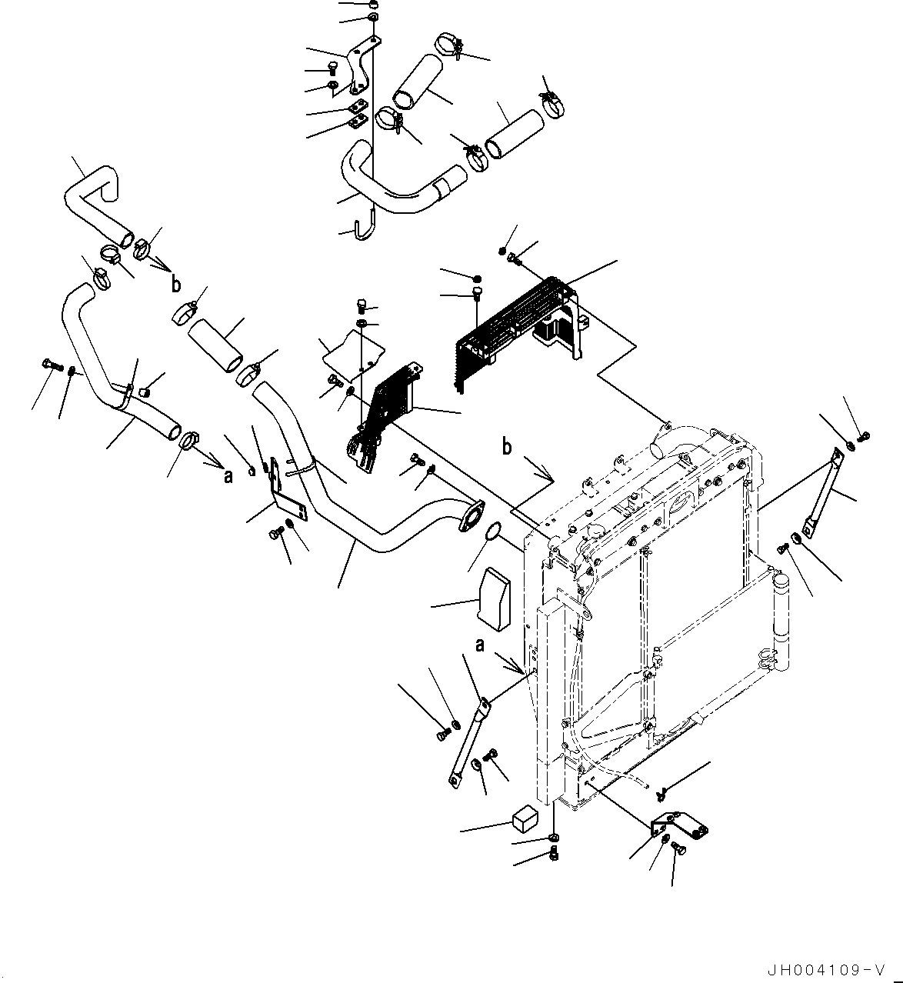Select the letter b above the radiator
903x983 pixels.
coord(507,447)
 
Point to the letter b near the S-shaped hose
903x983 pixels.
coord(176,284)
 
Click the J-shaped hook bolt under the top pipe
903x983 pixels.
coord(364,226)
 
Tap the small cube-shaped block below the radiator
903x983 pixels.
coord(523,819)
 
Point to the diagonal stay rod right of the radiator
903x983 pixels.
coord(821,492)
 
